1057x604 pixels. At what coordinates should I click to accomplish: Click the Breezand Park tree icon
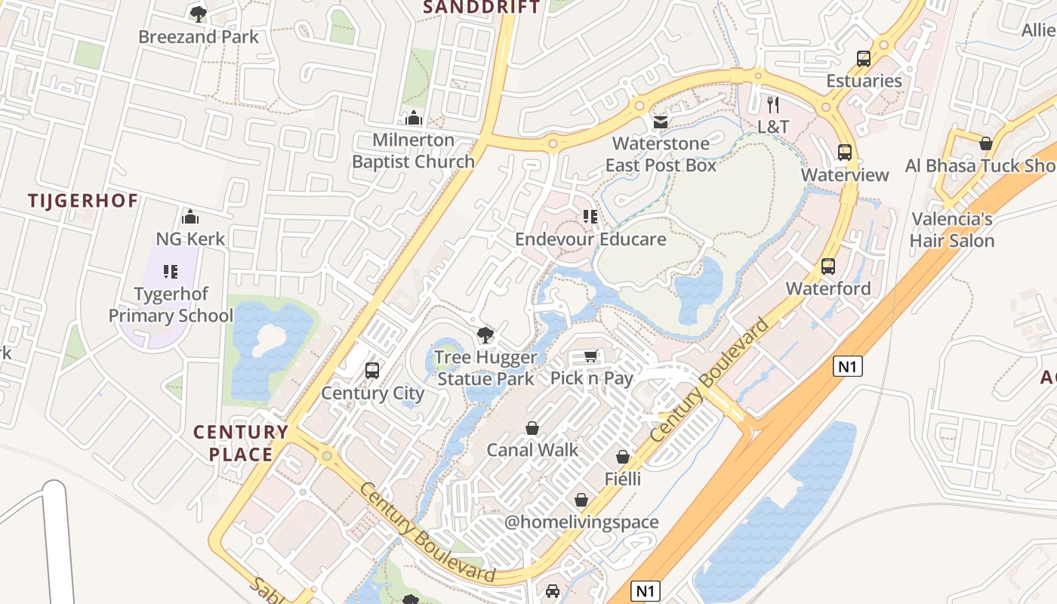tap(199, 13)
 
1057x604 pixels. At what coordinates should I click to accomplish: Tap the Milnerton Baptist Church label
tap(413, 150)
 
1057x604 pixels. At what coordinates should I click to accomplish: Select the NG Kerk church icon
tap(190, 217)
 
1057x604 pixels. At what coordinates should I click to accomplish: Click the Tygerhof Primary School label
tap(171, 304)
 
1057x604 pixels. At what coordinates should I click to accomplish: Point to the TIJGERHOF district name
tap(83, 201)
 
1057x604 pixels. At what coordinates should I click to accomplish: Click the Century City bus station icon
tap(372, 370)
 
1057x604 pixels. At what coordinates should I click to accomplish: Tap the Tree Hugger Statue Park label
tap(485, 368)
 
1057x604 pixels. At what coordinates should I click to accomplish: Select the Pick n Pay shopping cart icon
tap(591, 356)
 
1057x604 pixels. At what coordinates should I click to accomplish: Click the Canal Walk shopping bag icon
tap(532, 428)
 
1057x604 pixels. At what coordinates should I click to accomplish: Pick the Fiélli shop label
tap(622, 479)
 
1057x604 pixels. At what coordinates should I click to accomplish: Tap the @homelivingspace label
tap(581, 522)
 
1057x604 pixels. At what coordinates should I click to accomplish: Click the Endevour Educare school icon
tap(590, 217)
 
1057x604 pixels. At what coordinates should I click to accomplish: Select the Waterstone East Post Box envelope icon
tap(661, 122)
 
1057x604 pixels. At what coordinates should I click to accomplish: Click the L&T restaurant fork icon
tap(772, 104)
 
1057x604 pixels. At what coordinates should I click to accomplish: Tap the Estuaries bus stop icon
tap(863, 58)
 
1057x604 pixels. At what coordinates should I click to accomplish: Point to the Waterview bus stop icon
tap(844, 153)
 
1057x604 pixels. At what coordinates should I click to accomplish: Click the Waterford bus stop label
tap(827, 288)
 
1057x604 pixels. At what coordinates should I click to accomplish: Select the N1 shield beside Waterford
tap(848, 367)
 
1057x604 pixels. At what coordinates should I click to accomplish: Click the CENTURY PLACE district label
tap(241, 443)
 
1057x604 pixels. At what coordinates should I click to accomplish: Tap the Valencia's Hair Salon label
tap(951, 230)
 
